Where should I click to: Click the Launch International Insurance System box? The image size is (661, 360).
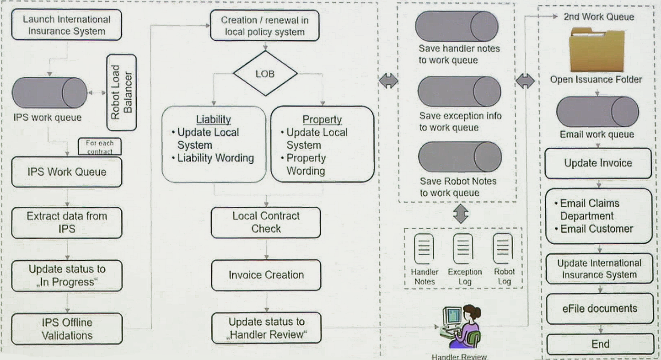(66, 25)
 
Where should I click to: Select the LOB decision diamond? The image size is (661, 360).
(265, 73)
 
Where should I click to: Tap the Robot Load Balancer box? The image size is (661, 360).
(121, 92)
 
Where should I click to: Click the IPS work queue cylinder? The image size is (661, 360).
(49, 93)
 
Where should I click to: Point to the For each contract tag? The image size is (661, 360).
(100, 146)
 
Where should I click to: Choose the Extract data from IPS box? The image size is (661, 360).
(67, 222)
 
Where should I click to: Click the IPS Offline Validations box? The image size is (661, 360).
(67, 329)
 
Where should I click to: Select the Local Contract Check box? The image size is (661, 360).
(266, 222)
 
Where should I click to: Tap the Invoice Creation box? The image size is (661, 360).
(266, 275)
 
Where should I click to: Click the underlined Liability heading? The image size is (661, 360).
(213, 119)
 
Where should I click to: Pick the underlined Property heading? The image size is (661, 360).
(322, 119)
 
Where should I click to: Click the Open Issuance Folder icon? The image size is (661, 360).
(597, 49)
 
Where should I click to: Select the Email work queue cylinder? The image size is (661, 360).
(597, 112)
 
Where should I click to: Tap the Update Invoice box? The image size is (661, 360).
(598, 163)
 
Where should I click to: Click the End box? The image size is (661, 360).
(600, 344)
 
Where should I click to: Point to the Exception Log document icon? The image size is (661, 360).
(463, 248)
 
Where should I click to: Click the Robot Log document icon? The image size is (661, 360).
(503, 248)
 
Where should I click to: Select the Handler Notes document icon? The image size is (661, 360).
(424, 248)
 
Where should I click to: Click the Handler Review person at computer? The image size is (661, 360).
(461, 327)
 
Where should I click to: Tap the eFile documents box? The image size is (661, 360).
(600, 309)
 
